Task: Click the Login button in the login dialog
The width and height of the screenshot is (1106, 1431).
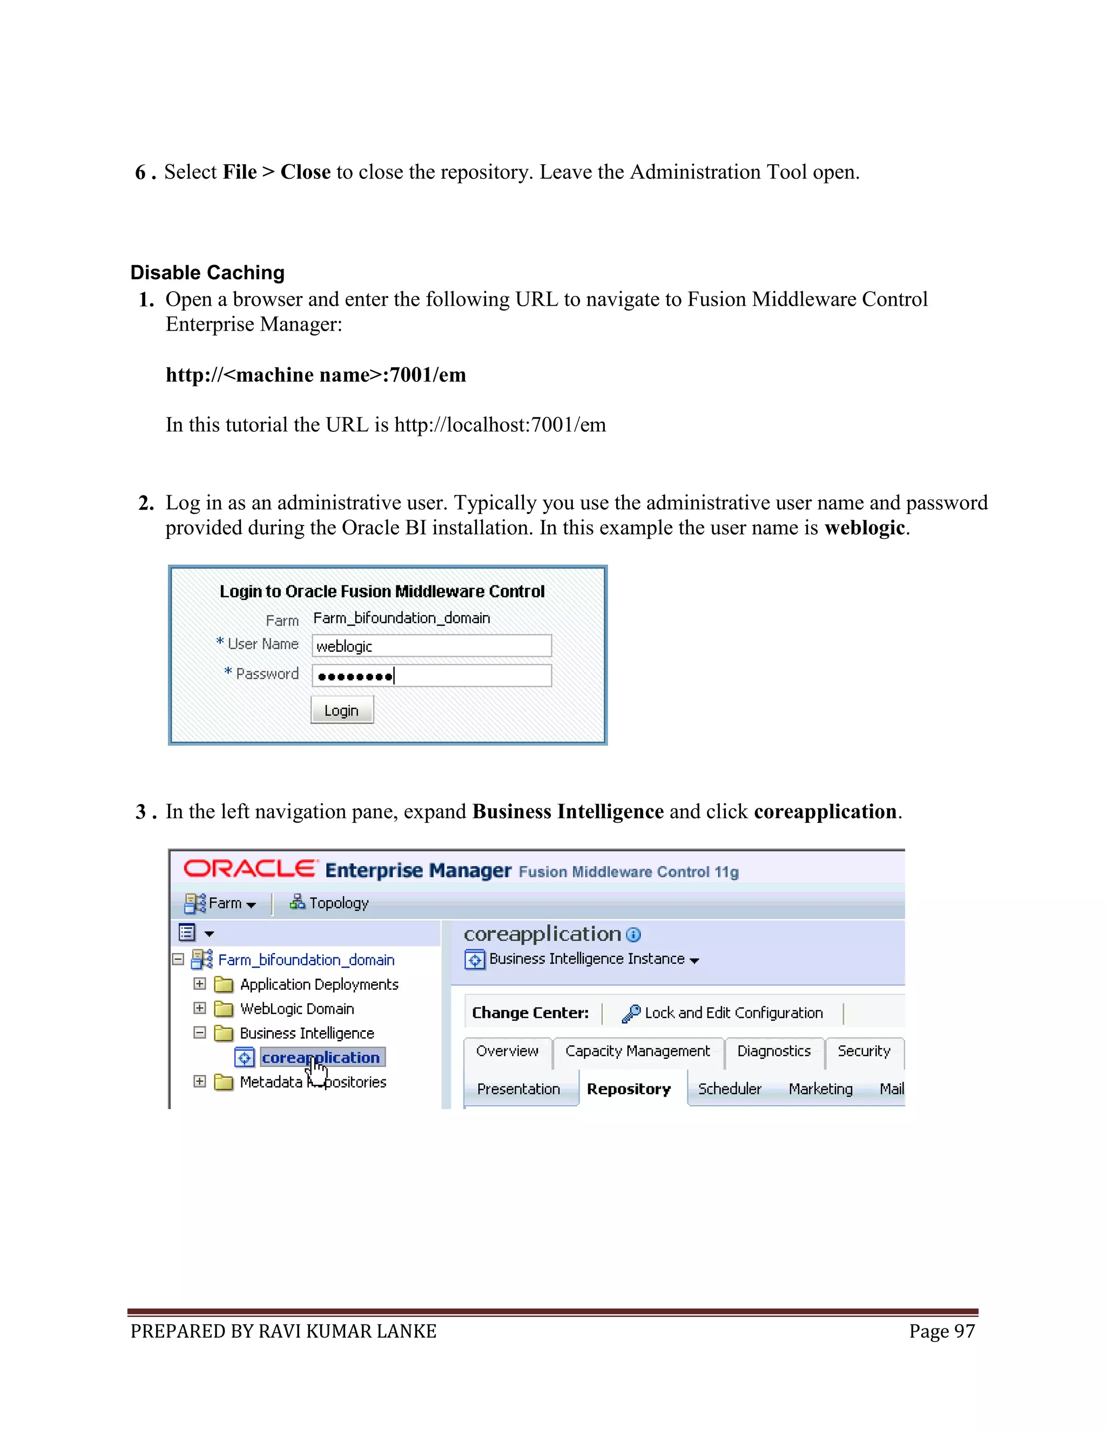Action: pos(341,710)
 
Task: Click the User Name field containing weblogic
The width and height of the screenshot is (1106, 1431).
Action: pos(431,646)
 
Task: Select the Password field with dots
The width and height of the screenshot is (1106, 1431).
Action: pos(431,676)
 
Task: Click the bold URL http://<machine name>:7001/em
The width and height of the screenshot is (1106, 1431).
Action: pos(315,375)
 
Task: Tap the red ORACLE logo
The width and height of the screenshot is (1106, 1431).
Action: pos(249,869)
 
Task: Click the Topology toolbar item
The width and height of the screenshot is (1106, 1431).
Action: pos(329,903)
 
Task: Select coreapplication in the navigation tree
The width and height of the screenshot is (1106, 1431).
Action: pos(320,1057)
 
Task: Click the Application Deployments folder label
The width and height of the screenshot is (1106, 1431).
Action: pos(319,985)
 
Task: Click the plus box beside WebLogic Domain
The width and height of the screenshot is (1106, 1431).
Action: pos(200,1008)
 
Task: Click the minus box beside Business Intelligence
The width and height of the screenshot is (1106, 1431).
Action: pos(200,1032)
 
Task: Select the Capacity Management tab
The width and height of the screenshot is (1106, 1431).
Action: pos(637,1051)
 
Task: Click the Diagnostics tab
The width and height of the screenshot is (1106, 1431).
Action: pos(773,1051)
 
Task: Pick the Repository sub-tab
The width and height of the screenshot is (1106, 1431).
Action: pos(629,1089)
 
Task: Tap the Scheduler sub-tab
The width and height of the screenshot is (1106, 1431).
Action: pos(729,1089)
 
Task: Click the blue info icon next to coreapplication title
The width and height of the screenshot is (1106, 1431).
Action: pos(633,935)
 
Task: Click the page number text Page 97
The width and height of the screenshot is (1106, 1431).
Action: pos(941,1332)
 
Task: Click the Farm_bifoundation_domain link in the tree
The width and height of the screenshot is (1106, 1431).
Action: pos(306,960)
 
